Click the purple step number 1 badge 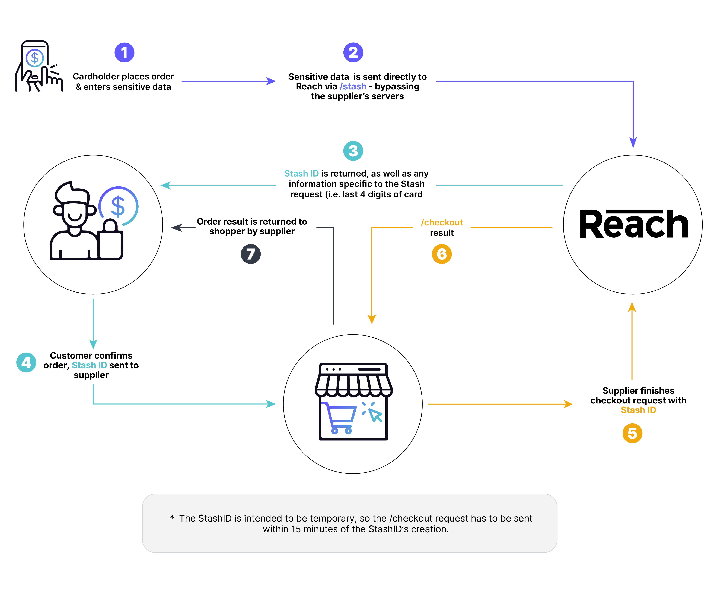click(124, 53)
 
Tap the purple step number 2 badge click(353, 53)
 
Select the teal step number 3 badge click(353, 151)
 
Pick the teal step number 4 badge click(26, 362)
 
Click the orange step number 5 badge click(632, 433)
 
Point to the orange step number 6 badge click(442, 254)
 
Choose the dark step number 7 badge click(251, 254)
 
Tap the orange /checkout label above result click(442, 222)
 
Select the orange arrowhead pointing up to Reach click(632, 307)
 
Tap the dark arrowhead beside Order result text click(177, 228)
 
